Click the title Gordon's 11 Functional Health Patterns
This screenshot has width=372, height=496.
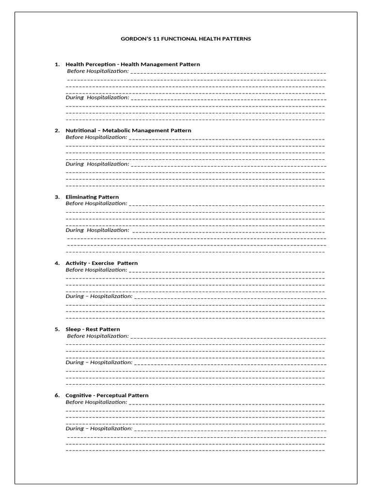[186, 39]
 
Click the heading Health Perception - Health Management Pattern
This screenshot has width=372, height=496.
[132, 64]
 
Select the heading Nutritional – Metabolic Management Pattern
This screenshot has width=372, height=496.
[128, 130]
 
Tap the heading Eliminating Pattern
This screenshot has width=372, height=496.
[92, 197]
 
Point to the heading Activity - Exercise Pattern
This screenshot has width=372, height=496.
[101, 263]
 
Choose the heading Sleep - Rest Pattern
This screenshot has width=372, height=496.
[93, 329]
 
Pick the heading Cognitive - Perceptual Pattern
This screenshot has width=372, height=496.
[107, 395]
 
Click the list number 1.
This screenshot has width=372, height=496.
[57, 64]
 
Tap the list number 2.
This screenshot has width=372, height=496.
[57, 130]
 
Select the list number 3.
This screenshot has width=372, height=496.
[57, 197]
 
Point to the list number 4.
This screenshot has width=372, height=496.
[57, 263]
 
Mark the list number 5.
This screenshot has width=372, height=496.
[57, 329]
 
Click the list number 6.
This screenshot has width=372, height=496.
[57, 395]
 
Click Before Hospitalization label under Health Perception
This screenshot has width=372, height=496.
[98, 71]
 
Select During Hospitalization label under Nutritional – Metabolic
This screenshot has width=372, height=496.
[97, 164]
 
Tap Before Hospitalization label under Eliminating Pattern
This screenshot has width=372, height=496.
[96, 203]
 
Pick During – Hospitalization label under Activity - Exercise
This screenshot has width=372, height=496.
[99, 296]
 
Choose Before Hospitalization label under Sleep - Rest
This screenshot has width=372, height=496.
[98, 336]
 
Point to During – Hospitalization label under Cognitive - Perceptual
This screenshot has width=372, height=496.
[99, 428]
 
